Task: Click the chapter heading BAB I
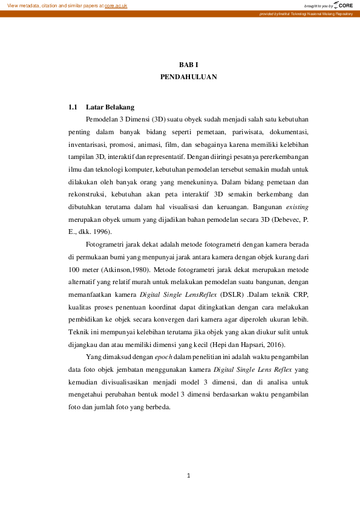[x=189, y=65]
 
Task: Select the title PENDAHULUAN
[x=189, y=77]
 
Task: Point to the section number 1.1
[x=73, y=107]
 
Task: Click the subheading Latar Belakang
[x=110, y=107]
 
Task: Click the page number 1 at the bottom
[x=189, y=476]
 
